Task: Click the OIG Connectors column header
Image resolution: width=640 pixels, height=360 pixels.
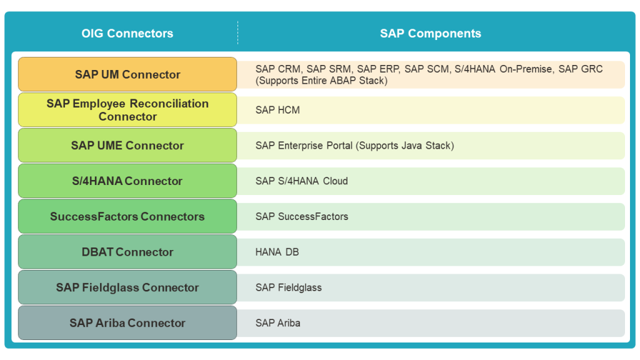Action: (127, 34)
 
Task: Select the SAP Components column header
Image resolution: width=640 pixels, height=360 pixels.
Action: (430, 34)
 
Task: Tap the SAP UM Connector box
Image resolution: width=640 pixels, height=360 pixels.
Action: (127, 74)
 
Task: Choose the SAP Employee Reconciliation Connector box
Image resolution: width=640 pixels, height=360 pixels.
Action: (127, 110)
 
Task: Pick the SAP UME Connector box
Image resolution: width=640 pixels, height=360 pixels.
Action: (127, 146)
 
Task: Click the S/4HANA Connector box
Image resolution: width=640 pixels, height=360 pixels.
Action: (127, 181)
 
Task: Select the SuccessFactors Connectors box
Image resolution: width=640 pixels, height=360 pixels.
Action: (127, 217)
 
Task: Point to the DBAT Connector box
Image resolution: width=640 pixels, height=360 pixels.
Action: (127, 252)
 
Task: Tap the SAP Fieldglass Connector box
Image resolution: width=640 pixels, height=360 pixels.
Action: (127, 288)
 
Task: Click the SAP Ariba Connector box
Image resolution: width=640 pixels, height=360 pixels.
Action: (127, 323)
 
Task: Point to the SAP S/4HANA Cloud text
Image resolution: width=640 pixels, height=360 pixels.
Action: (301, 181)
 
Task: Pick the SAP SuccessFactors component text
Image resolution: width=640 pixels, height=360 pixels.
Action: (301, 217)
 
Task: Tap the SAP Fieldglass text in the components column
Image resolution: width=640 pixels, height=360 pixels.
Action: (288, 288)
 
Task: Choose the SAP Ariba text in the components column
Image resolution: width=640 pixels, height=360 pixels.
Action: (277, 323)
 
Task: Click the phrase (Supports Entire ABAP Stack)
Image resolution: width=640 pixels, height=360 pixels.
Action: (321, 81)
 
